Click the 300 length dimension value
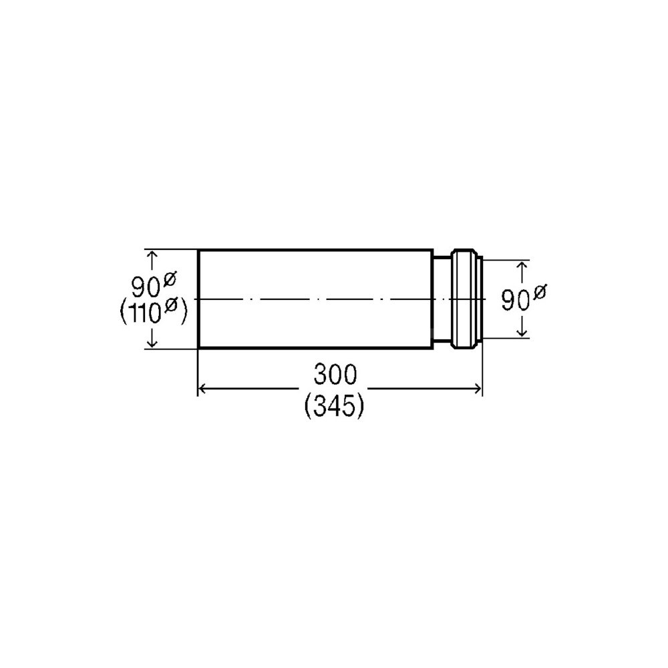coord(335,375)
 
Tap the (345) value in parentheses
coord(335,406)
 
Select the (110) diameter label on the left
coord(154,312)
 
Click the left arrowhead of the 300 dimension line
coord(203,389)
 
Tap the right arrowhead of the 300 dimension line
coord(477,389)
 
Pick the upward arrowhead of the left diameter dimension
coord(152,255)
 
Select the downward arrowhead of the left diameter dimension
coord(152,343)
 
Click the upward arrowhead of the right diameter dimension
coord(522,267)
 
